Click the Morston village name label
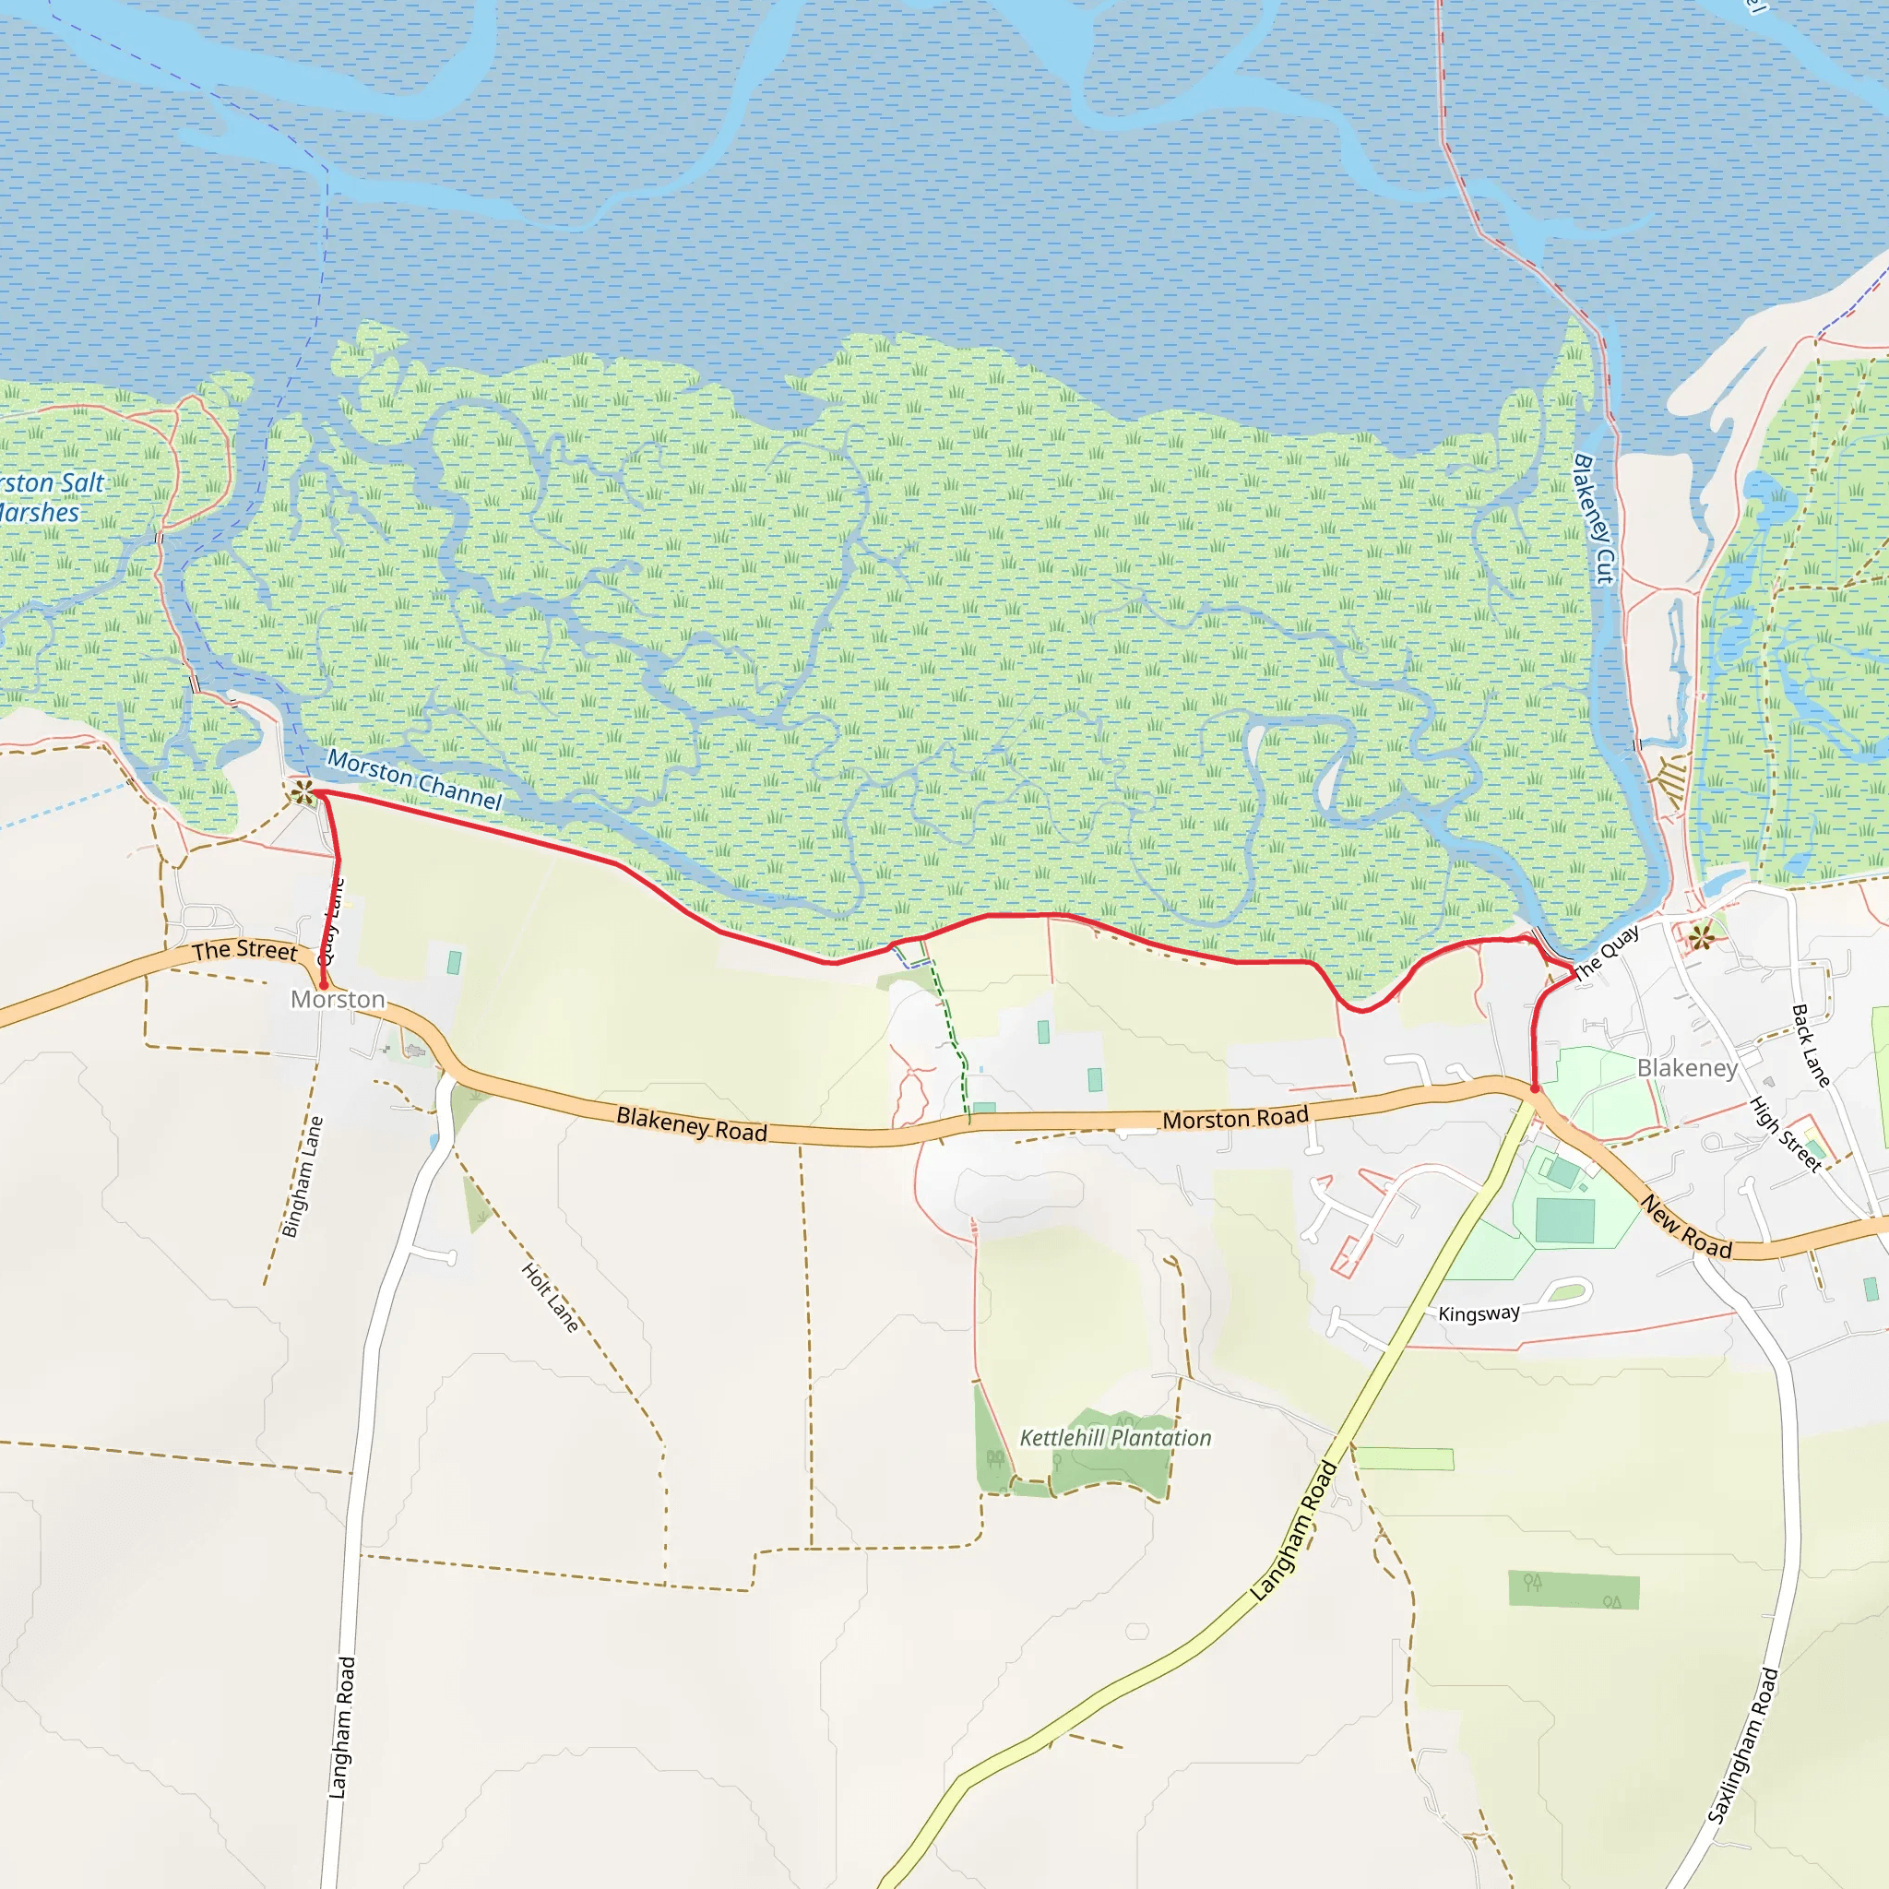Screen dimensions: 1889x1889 pyautogui.click(x=338, y=999)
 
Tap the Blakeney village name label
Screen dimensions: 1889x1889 pyautogui.click(x=1687, y=1068)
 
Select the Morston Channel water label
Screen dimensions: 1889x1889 pyautogui.click(x=413, y=778)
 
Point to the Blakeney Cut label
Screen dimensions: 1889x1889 pyautogui.click(x=1595, y=519)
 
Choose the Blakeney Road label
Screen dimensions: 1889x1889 pyautogui.click(x=691, y=1124)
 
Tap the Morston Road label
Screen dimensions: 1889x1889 pyautogui.click(x=1235, y=1119)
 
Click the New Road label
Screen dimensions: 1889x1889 pyautogui.click(x=1687, y=1226)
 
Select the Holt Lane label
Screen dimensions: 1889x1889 pyautogui.click(x=551, y=1298)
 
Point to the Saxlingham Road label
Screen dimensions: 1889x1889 pyautogui.click(x=1742, y=1746)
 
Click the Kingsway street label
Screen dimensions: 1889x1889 pyautogui.click(x=1479, y=1313)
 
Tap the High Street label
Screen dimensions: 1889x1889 pyautogui.click(x=1786, y=1135)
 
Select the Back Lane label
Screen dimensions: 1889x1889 pyautogui.click(x=1810, y=1045)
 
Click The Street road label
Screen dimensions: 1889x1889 pyautogui.click(x=244, y=950)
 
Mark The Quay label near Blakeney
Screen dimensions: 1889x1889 pyautogui.click(x=1607, y=954)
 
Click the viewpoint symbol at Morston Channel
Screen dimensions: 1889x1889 pyautogui.click(x=303, y=793)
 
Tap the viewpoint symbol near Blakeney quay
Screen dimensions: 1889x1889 pyautogui.click(x=1701, y=938)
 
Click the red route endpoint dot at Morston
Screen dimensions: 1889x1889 pyautogui.click(x=323, y=987)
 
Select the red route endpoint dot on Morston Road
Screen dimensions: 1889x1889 pyautogui.click(x=1535, y=1088)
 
